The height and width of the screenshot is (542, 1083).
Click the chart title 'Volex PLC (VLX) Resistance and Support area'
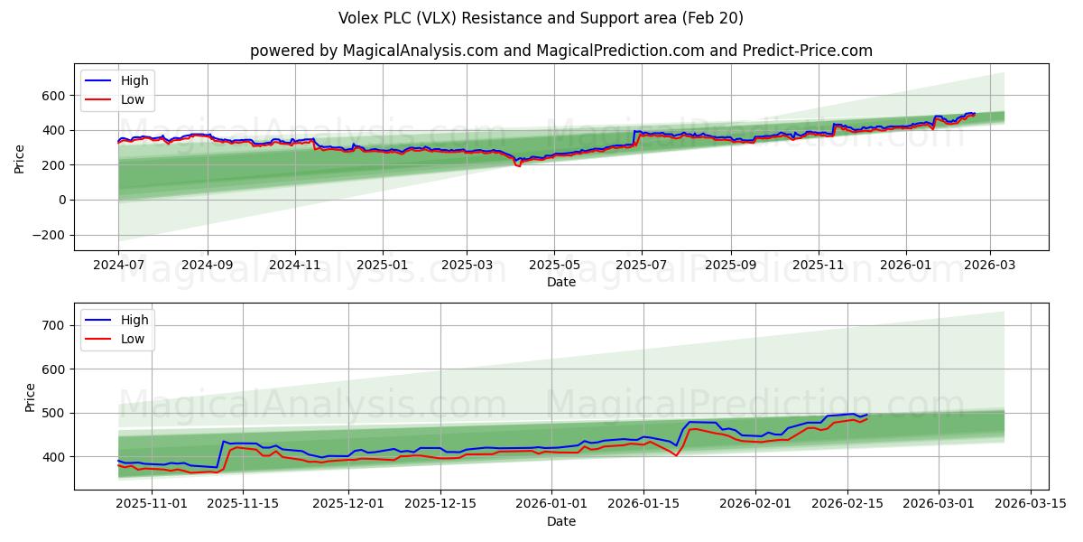tap(541, 18)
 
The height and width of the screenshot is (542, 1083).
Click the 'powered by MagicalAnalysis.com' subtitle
tap(560, 51)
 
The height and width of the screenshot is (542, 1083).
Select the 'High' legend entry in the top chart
tap(134, 80)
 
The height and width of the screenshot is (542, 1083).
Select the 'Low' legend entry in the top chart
tap(133, 100)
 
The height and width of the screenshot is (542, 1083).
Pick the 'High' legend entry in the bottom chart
tap(134, 319)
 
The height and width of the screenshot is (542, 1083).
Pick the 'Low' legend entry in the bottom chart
tap(133, 339)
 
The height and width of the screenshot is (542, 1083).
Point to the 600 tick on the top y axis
tap(53, 96)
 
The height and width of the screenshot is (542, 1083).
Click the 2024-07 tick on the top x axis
tap(118, 266)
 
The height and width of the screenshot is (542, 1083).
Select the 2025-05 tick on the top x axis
tap(553, 266)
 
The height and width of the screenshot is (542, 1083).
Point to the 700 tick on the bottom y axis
tap(53, 325)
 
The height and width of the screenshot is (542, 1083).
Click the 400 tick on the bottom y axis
tap(53, 457)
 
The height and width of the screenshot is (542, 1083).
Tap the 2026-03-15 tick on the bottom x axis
tap(1030, 505)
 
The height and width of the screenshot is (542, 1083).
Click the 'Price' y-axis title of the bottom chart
tap(31, 397)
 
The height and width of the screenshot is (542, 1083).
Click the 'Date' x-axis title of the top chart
tap(560, 283)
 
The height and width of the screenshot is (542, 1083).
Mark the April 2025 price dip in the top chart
tap(518, 165)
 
